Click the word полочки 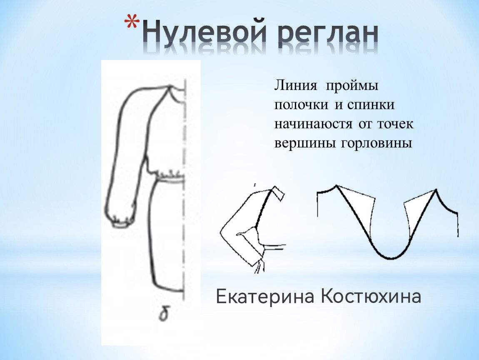pyautogui.click(x=300, y=105)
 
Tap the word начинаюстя pyautogui.click(x=312, y=124)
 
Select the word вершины pyautogui.click(x=306, y=143)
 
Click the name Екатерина pyautogui.click(x=265, y=297)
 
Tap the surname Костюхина pyautogui.click(x=371, y=297)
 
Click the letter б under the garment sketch pyautogui.click(x=164, y=315)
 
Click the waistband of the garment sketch pyautogui.click(x=170, y=179)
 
